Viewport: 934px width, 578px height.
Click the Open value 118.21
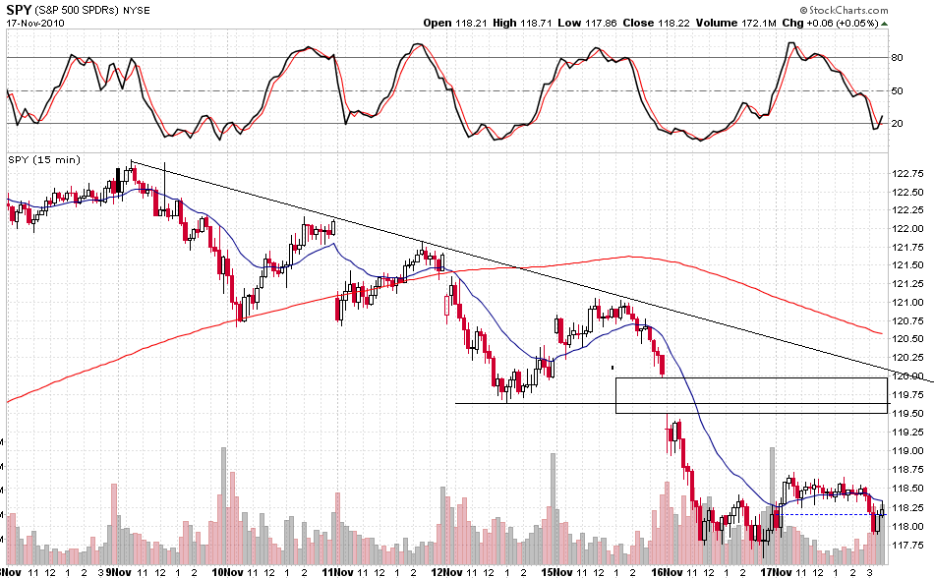click(474, 23)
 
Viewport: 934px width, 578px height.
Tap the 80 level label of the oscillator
click(898, 58)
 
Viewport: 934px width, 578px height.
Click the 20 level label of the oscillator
click(898, 124)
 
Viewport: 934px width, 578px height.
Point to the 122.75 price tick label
click(906, 174)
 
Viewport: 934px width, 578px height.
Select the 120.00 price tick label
click(906, 376)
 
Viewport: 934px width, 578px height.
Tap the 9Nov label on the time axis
click(120, 570)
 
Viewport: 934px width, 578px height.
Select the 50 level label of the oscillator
click(898, 90)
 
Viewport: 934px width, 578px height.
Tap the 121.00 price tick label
click(906, 303)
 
